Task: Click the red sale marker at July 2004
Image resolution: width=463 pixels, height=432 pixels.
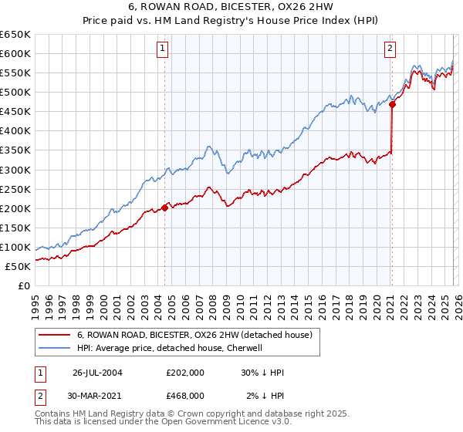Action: [x=165, y=207]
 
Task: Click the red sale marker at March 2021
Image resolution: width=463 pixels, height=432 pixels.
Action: [x=392, y=104]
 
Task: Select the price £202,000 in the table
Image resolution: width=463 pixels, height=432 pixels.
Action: [x=185, y=373]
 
